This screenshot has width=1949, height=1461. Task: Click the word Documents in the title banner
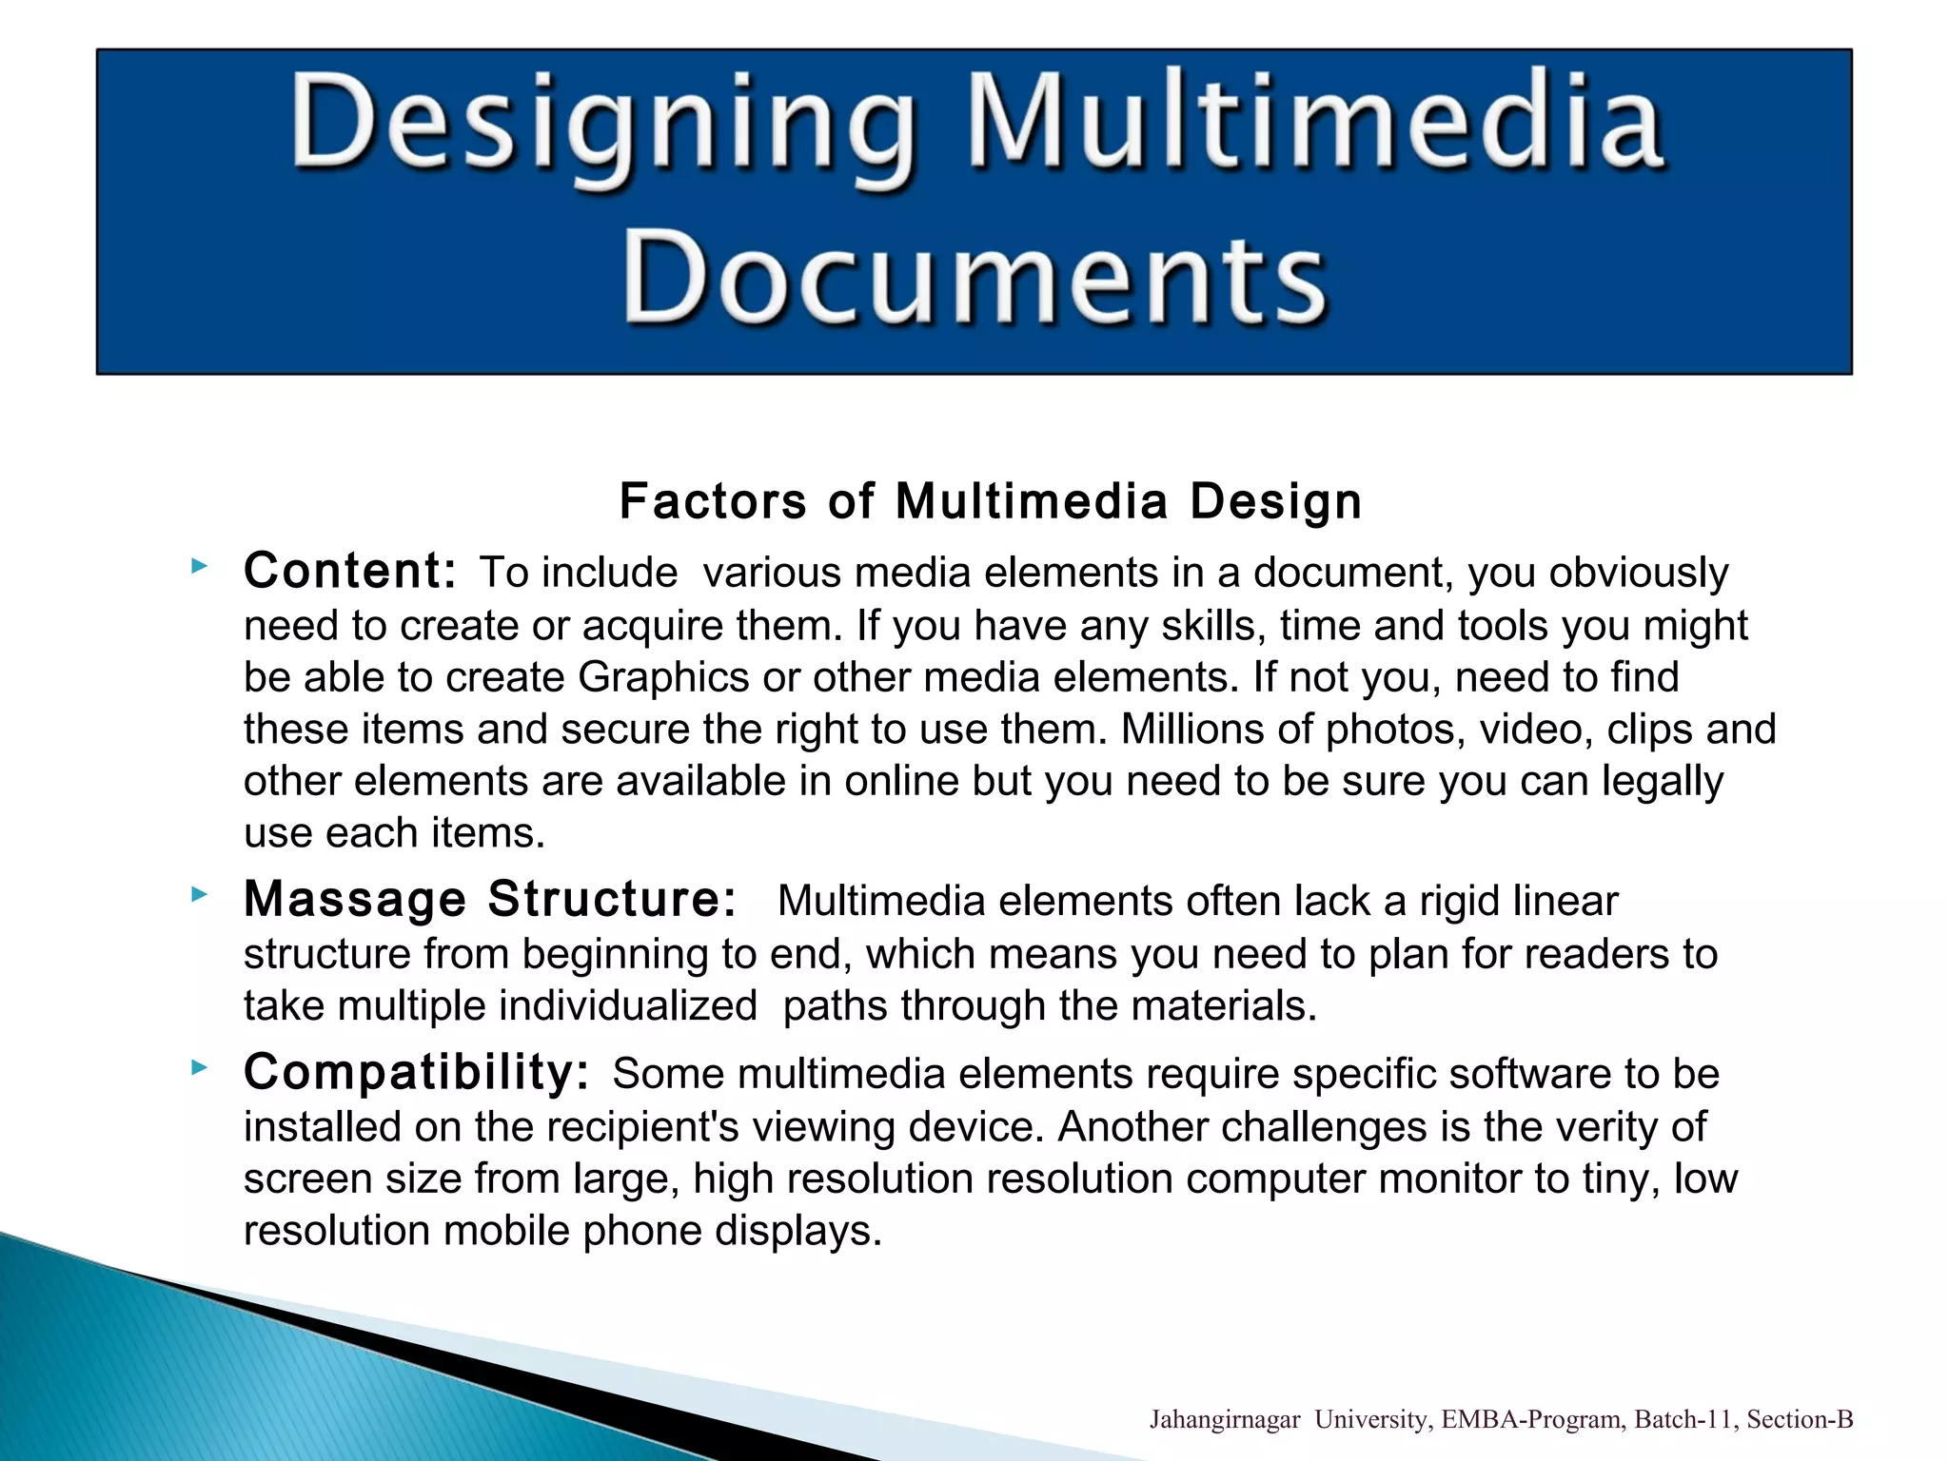point(974,278)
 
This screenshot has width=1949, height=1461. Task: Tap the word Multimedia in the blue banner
point(1315,124)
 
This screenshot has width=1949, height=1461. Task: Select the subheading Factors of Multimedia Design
point(990,500)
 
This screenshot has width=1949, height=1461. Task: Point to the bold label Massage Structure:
point(490,899)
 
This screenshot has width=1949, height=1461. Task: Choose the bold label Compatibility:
point(416,1072)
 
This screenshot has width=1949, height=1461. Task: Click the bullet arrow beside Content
point(199,567)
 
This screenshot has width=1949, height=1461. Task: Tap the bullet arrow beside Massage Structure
point(199,894)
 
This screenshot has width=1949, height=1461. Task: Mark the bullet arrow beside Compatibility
point(199,1067)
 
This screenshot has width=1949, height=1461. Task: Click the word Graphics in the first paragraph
point(663,678)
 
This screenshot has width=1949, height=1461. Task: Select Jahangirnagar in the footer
point(1224,1420)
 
